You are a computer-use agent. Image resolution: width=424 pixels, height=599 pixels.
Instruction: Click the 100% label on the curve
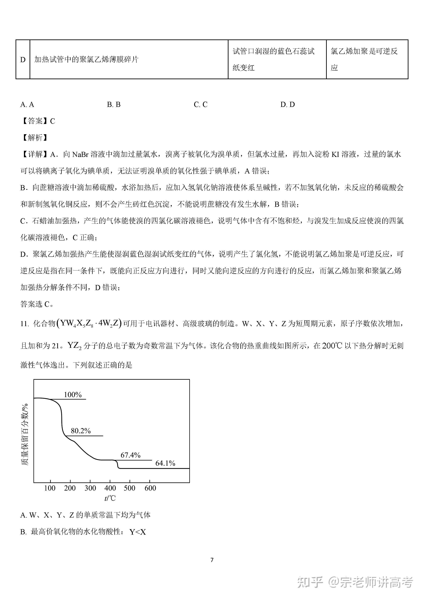pos(73,395)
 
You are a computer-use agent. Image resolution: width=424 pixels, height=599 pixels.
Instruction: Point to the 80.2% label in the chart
pos(81,431)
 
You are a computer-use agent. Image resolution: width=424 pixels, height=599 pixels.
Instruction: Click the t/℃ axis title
pos(110,498)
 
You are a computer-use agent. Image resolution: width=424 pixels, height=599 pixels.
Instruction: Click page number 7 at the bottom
pos(212,560)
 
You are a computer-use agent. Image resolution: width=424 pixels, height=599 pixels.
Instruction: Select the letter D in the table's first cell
pos(23,60)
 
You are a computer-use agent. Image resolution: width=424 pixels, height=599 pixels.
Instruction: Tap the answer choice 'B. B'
pos(114,105)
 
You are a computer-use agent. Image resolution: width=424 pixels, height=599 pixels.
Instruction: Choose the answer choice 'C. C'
pos(200,105)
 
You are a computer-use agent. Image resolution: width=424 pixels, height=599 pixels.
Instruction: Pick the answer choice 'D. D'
pos(287,105)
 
